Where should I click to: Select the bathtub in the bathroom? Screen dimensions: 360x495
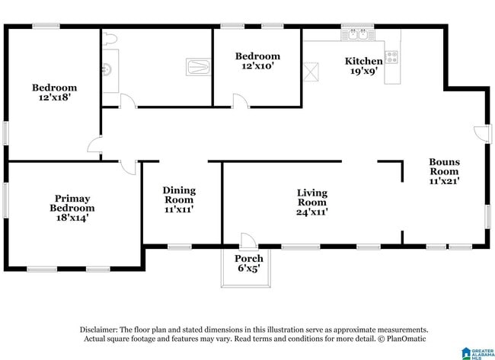tap(199, 68)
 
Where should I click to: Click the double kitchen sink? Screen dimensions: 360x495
tap(357, 34)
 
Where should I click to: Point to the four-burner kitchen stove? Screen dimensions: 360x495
tap(391, 56)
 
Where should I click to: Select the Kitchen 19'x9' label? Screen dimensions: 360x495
tap(364, 66)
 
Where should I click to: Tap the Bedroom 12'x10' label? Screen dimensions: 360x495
tap(257, 61)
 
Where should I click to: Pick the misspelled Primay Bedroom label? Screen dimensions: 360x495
tap(72, 203)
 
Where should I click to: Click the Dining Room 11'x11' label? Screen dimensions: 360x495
tap(179, 199)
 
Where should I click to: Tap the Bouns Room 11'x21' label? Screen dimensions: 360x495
tap(444, 171)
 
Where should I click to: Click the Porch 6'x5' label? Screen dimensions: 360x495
tap(249, 263)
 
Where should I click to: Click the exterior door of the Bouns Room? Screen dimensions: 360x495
tap(481, 132)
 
